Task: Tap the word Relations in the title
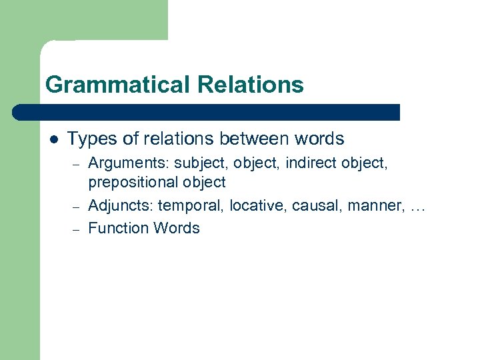[x=250, y=85]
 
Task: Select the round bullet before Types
[x=53, y=139]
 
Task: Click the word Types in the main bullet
[x=90, y=139]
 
